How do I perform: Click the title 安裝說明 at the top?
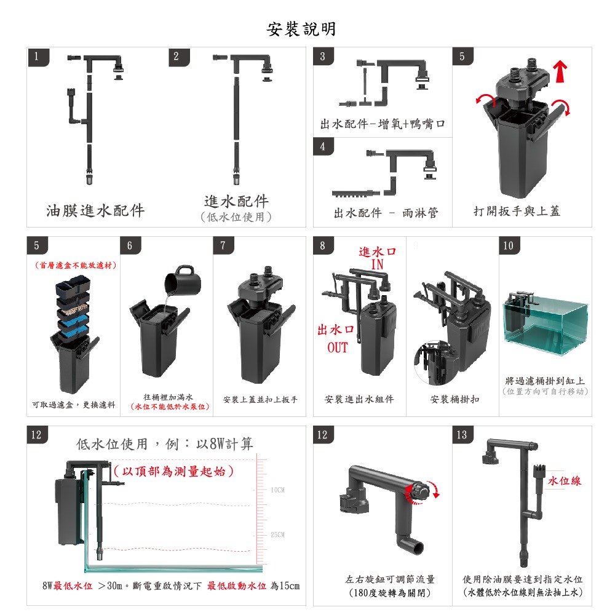tap(301, 29)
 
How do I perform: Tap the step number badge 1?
tap(37, 57)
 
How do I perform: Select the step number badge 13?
tap(462, 435)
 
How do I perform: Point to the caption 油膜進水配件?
tap(95, 211)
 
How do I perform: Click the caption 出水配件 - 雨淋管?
tap(386, 213)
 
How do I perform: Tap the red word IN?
tap(377, 264)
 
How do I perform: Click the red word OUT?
tap(337, 347)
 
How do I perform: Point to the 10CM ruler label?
tap(277, 490)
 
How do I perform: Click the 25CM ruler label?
tap(277, 534)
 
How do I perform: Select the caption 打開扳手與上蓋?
tap(517, 212)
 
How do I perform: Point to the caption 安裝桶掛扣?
tap(455, 400)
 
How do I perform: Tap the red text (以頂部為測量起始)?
tap(174, 472)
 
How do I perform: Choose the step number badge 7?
tap(223, 246)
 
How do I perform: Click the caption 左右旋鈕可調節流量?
tap(390, 579)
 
